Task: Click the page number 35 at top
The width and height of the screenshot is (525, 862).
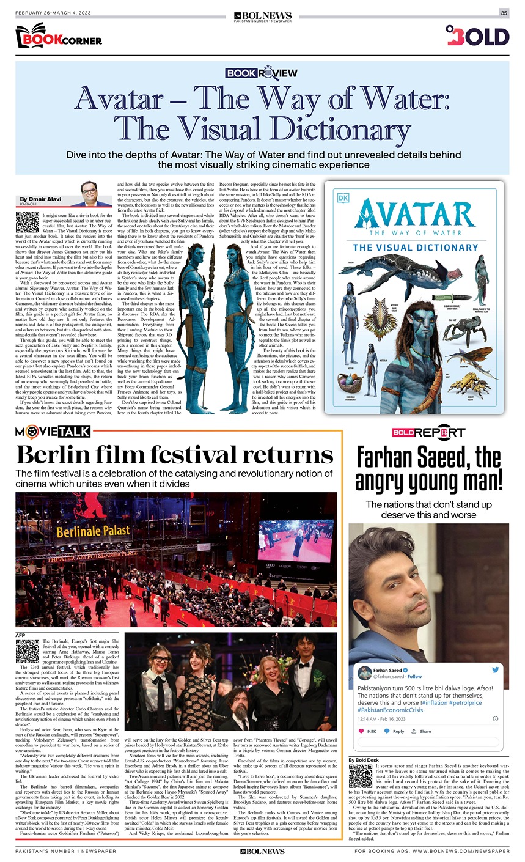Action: (504, 13)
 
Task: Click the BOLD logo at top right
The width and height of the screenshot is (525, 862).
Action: (477, 36)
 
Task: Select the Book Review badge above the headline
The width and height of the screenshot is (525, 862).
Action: (261, 72)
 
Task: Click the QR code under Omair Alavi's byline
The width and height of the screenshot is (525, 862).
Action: (28, 222)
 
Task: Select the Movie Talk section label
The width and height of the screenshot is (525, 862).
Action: (53, 432)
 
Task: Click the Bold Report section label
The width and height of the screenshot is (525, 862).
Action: (428, 432)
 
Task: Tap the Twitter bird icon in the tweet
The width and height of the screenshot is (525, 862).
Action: (494, 670)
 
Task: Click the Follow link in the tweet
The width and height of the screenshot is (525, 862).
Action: (414, 677)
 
